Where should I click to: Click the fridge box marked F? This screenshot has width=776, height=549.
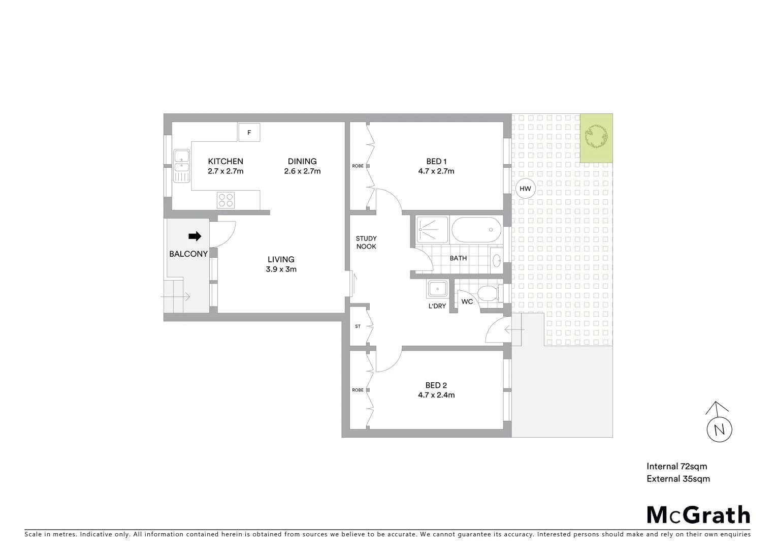click(249, 133)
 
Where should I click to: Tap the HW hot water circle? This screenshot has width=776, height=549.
click(525, 189)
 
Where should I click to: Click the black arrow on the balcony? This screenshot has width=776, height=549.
click(195, 236)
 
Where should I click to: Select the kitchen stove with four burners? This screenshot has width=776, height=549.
click(225, 199)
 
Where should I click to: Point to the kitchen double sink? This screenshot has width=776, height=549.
click(181, 165)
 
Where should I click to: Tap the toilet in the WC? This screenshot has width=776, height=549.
click(488, 293)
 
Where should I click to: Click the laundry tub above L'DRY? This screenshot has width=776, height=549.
click(437, 289)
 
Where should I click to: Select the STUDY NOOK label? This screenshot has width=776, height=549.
click(366, 242)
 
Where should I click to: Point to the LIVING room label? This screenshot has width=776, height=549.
click(281, 259)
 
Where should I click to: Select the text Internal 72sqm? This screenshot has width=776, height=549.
click(676, 466)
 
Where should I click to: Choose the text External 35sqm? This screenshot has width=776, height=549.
click(678, 478)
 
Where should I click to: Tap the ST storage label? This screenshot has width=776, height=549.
click(358, 326)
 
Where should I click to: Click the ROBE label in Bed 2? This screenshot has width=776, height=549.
click(358, 390)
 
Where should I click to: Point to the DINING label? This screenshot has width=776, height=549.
click(302, 162)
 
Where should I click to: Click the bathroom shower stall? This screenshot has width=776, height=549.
click(432, 230)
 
